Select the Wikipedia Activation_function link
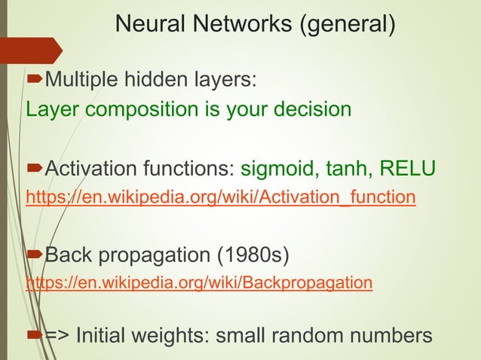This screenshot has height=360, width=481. (220, 198)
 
